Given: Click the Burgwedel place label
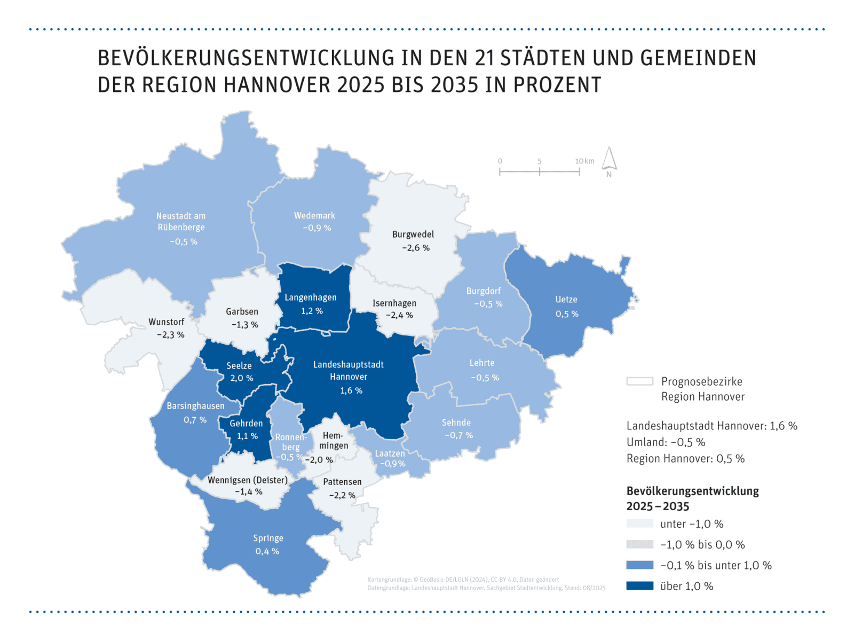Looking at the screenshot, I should pyautogui.click(x=413, y=234).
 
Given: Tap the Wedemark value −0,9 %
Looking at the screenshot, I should pyautogui.click(x=317, y=228).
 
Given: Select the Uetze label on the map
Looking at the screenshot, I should pyautogui.click(x=566, y=300).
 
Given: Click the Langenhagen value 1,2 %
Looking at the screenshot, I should pyautogui.click(x=312, y=311).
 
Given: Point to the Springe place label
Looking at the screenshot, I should pyautogui.click(x=268, y=538).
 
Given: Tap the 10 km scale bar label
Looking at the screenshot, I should pyautogui.click(x=584, y=161).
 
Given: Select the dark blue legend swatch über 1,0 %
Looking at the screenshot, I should pyautogui.click(x=639, y=586).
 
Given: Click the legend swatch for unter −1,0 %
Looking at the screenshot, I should pyautogui.click(x=639, y=524).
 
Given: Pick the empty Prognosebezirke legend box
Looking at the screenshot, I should pyautogui.click(x=639, y=381).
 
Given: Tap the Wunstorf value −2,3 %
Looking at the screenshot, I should pyautogui.click(x=170, y=335).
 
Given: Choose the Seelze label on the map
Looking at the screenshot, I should pyautogui.click(x=239, y=366).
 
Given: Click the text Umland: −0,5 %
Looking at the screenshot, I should pyautogui.click(x=666, y=442).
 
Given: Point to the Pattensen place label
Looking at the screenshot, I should pyautogui.click(x=342, y=482).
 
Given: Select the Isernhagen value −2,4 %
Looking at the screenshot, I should pyautogui.click(x=399, y=315).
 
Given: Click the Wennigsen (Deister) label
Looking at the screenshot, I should pyautogui.click(x=248, y=480).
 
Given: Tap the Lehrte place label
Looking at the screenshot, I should pyautogui.click(x=481, y=363).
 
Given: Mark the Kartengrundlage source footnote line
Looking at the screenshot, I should pyautogui.click(x=463, y=580).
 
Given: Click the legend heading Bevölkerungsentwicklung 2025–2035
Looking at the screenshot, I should pyautogui.click(x=692, y=498).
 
